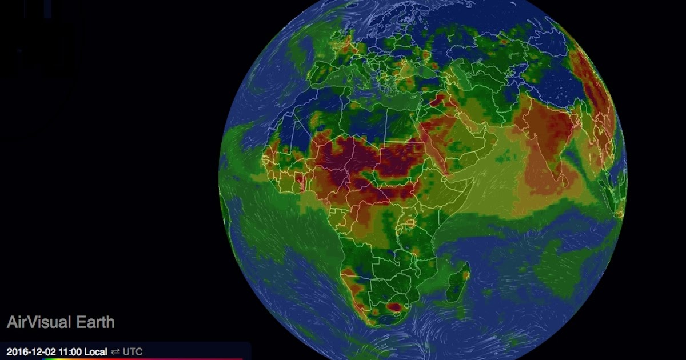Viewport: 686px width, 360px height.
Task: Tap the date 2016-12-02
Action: click(x=30, y=351)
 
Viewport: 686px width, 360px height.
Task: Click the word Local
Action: click(x=95, y=351)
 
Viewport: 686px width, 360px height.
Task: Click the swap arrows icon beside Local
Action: click(x=115, y=351)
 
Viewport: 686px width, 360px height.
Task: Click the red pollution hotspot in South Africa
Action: click(x=394, y=307)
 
